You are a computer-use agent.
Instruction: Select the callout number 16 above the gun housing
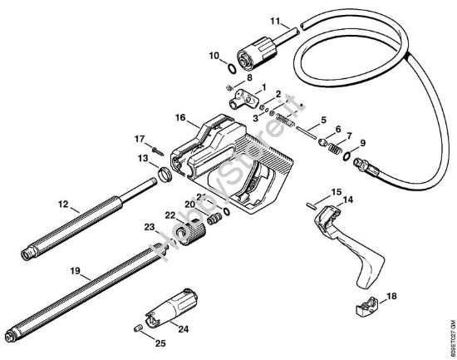tap(179, 119)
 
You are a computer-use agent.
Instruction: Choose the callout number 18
tap(391, 295)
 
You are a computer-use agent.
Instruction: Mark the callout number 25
tap(160, 341)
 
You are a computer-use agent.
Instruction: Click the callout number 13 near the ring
tap(143, 156)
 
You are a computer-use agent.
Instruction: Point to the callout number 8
tap(248, 77)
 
